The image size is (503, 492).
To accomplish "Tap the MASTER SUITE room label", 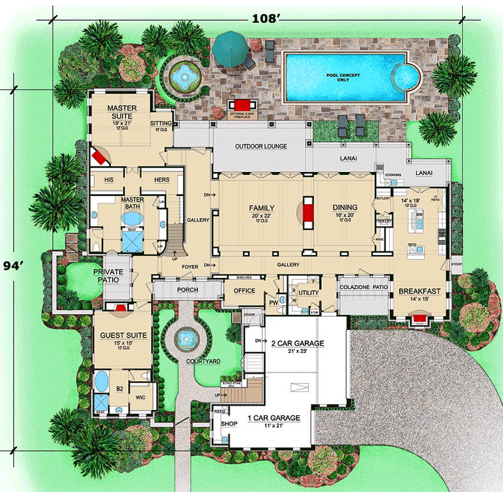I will click(121, 112).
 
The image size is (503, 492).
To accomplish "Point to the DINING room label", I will click(345, 207).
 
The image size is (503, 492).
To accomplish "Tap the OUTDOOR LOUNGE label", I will click(261, 146).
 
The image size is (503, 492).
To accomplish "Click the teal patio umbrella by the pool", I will click(231, 47).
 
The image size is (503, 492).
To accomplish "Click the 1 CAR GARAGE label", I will click(274, 418).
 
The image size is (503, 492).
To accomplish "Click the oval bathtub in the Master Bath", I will click(131, 219).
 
